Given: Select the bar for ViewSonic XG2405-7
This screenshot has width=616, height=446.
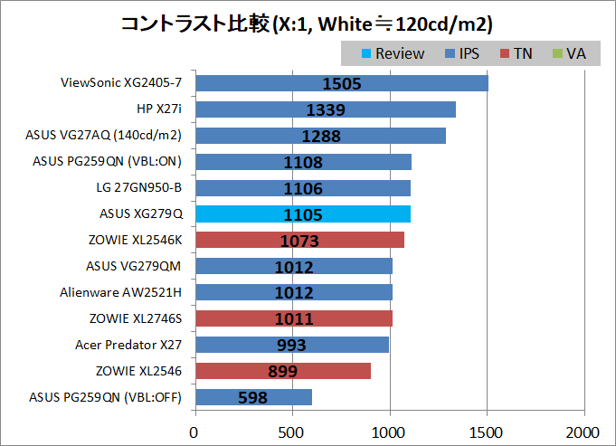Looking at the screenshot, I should (341, 83).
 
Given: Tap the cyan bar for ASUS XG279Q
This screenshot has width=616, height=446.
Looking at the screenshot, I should (302, 214).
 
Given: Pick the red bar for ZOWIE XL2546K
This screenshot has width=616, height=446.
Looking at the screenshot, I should (299, 240).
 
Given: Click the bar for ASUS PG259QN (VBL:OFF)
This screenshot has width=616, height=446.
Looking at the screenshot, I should (253, 396).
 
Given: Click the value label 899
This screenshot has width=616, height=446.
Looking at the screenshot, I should (282, 371).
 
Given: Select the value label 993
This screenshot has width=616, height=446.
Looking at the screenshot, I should (291, 345).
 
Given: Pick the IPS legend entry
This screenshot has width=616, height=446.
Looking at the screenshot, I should (461, 53).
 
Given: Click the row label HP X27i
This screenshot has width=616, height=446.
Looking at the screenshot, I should (159, 109).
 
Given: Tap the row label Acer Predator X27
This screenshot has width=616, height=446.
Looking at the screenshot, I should (128, 345).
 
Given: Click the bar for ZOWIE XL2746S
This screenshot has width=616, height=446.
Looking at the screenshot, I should (293, 318).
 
